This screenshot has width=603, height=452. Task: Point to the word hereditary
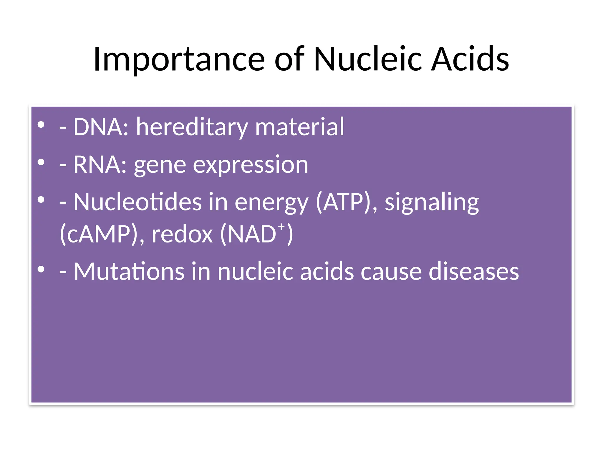(x=192, y=127)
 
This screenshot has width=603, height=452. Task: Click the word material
(x=299, y=127)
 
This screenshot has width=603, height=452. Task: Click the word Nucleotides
(x=138, y=202)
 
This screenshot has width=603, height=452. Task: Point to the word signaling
(x=432, y=202)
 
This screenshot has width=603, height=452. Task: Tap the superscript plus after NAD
(x=282, y=227)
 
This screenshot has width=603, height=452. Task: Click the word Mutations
(x=129, y=272)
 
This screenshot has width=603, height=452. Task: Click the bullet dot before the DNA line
(x=41, y=125)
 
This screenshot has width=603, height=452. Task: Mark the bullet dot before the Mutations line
(x=41, y=269)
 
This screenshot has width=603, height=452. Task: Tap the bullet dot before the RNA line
(x=41, y=162)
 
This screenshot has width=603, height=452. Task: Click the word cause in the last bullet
(x=391, y=272)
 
